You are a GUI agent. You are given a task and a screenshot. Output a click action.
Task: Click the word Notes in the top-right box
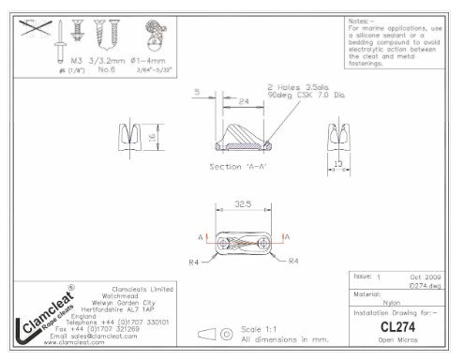(x=360, y=20)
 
